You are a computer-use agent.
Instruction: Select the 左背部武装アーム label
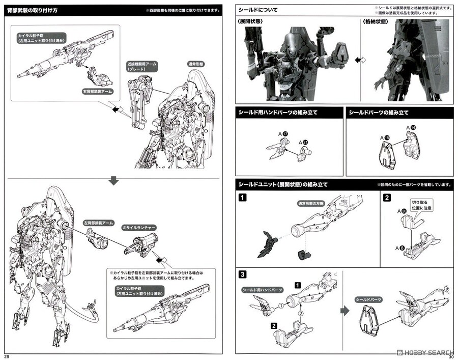(98, 223)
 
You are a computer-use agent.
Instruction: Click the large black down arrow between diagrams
(114, 180)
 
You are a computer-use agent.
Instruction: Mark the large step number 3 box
(243, 274)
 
